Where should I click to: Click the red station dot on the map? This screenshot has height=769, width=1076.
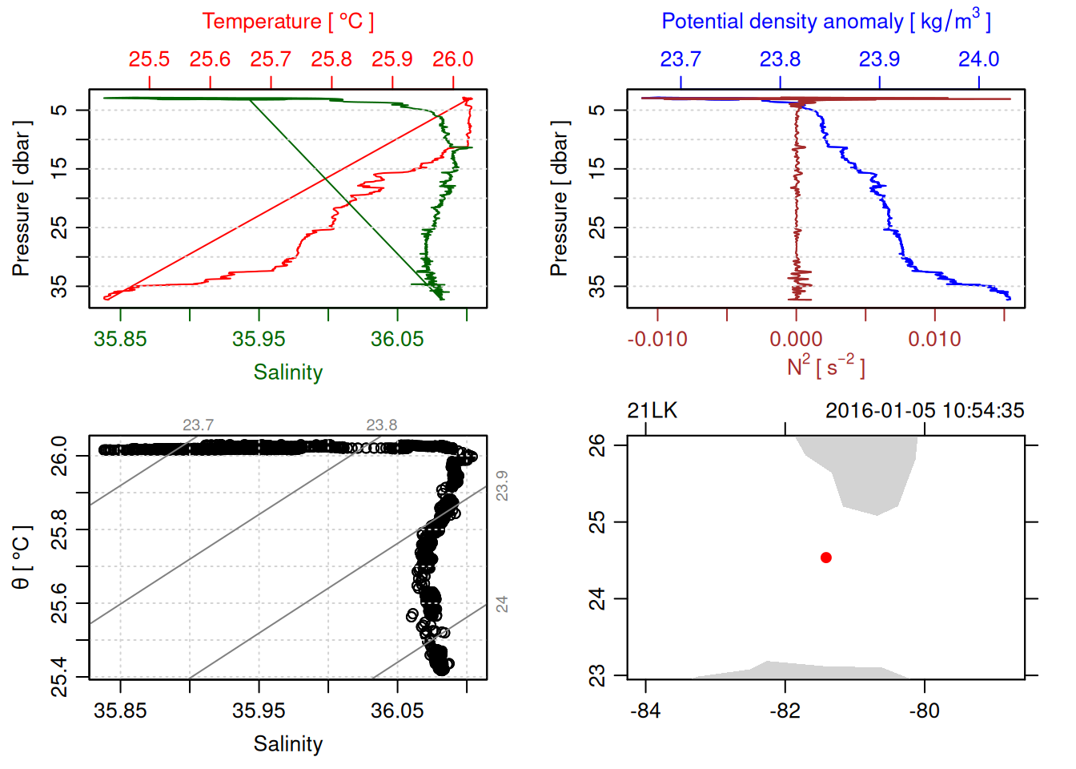[x=826, y=558]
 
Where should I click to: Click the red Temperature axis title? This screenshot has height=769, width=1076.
[x=287, y=22]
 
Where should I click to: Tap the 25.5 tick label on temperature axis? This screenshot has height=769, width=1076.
[x=149, y=59]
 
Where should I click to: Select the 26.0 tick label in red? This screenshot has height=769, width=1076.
[x=453, y=59]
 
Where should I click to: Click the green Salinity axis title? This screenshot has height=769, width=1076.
[x=287, y=372]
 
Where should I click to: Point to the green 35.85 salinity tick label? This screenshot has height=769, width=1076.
[x=120, y=339]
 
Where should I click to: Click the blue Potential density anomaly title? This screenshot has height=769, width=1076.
[x=825, y=22]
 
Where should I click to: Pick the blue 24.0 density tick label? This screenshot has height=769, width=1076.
[x=978, y=59]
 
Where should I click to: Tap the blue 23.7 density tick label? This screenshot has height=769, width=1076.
[x=681, y=59]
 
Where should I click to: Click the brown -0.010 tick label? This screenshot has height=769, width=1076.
[x=657, y=339]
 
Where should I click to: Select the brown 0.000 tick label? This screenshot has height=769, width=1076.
[x=796, y=339]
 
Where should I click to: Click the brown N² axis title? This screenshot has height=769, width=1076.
[x=825, y=367]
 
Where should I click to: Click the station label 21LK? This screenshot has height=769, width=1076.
[x=652, y=411]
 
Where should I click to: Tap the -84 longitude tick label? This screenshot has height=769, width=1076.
[x=645, y=711]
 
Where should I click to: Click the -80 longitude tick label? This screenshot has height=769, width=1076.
[x=924, y=711]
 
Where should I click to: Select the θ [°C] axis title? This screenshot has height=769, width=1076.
[x=22, y=558]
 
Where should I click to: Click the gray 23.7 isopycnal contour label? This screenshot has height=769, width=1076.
[x=198, y=425]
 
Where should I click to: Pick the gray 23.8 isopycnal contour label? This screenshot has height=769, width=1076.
[x=381, y=425]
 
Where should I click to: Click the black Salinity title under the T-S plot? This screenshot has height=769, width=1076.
[x=287, y=744]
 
